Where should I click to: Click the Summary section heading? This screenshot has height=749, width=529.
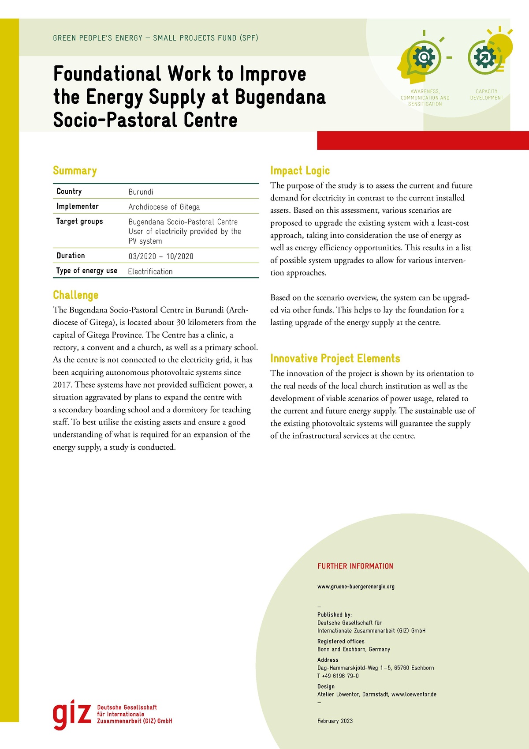coord(75,171)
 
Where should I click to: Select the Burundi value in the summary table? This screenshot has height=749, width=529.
coord(141,192)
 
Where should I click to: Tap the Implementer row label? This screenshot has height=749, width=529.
coord(78,207)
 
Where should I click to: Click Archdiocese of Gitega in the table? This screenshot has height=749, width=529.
coord(164,207)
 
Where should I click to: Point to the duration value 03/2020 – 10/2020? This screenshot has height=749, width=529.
coord(160,256)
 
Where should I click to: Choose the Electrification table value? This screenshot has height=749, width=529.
coord(150,271)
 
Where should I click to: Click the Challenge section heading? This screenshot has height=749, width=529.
coord(75,295)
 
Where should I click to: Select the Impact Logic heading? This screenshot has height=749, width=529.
coord(300,171)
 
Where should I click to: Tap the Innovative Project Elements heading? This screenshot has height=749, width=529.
coord(335,358)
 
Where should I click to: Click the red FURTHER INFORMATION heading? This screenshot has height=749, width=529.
coord(355,566)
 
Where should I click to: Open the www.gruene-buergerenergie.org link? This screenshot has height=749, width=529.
coord(356,587)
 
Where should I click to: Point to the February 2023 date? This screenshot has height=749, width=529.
coord(335,721)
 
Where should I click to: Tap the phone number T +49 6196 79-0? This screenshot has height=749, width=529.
coord(338,676)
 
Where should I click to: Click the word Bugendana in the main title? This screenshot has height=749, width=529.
coord(280,97)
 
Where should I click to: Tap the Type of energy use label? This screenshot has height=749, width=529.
coord(87,271)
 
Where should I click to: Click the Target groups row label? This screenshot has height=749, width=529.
coord(79,221)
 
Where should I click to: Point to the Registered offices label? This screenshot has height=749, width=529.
coord(341,641)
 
